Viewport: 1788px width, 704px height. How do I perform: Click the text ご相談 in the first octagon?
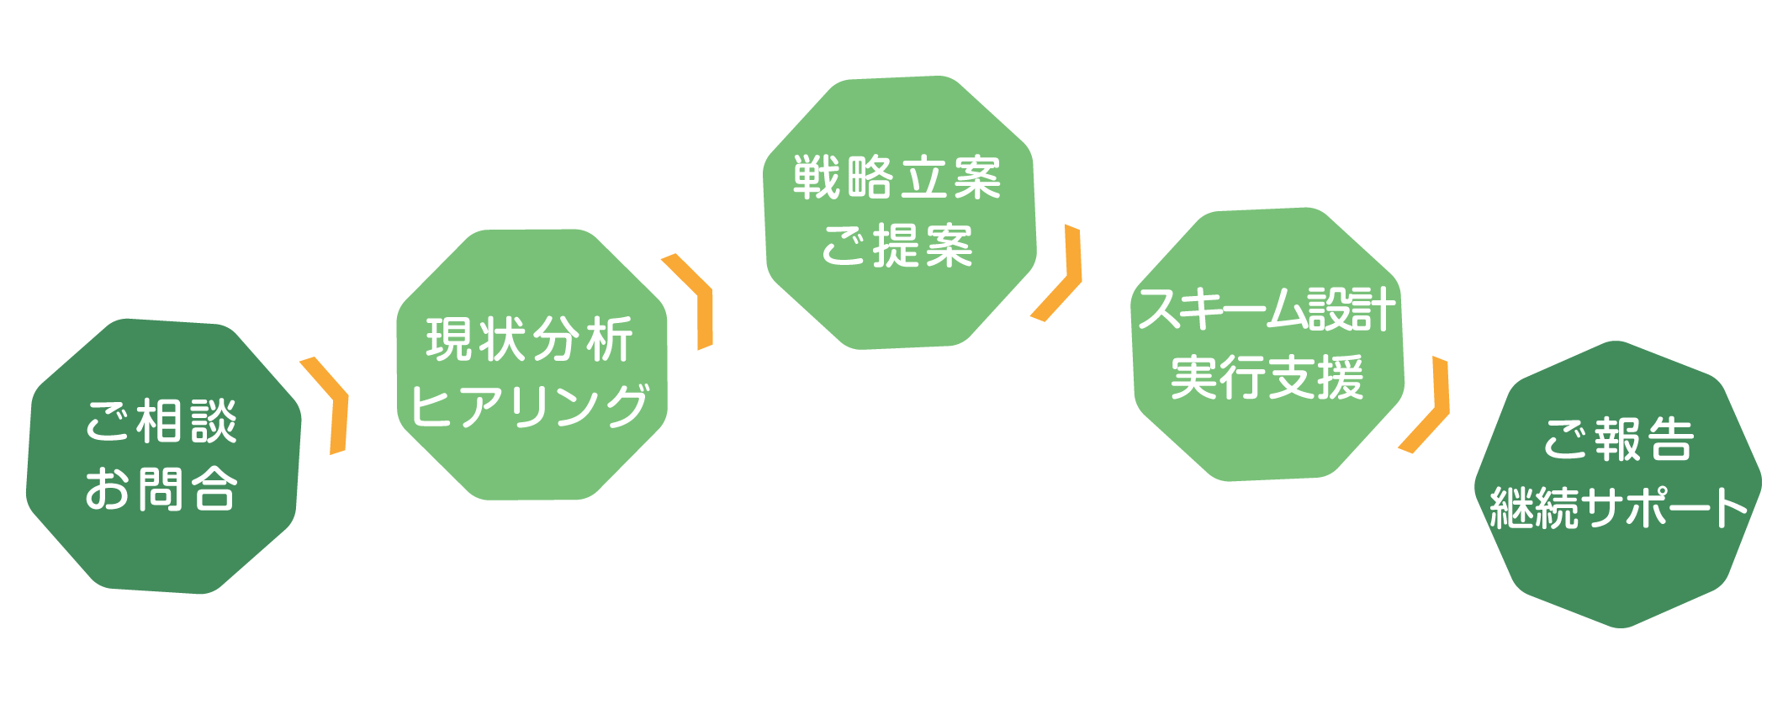(161, 421)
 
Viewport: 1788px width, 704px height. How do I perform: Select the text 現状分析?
(530, 340)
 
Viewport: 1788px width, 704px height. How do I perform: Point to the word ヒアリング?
(530, 405)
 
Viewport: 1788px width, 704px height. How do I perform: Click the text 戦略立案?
(897, 178)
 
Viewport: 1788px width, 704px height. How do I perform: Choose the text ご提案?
(897, 246)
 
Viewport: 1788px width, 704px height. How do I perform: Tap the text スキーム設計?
(1267, 310)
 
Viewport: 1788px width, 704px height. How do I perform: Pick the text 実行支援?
(1267, 378)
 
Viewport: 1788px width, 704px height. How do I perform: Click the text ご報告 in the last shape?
(1618, 439)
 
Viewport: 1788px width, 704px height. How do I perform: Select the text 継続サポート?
(1618, 507)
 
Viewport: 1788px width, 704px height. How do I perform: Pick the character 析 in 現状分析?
(608, 340)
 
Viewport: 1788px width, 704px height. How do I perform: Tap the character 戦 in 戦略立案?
(818, 178)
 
